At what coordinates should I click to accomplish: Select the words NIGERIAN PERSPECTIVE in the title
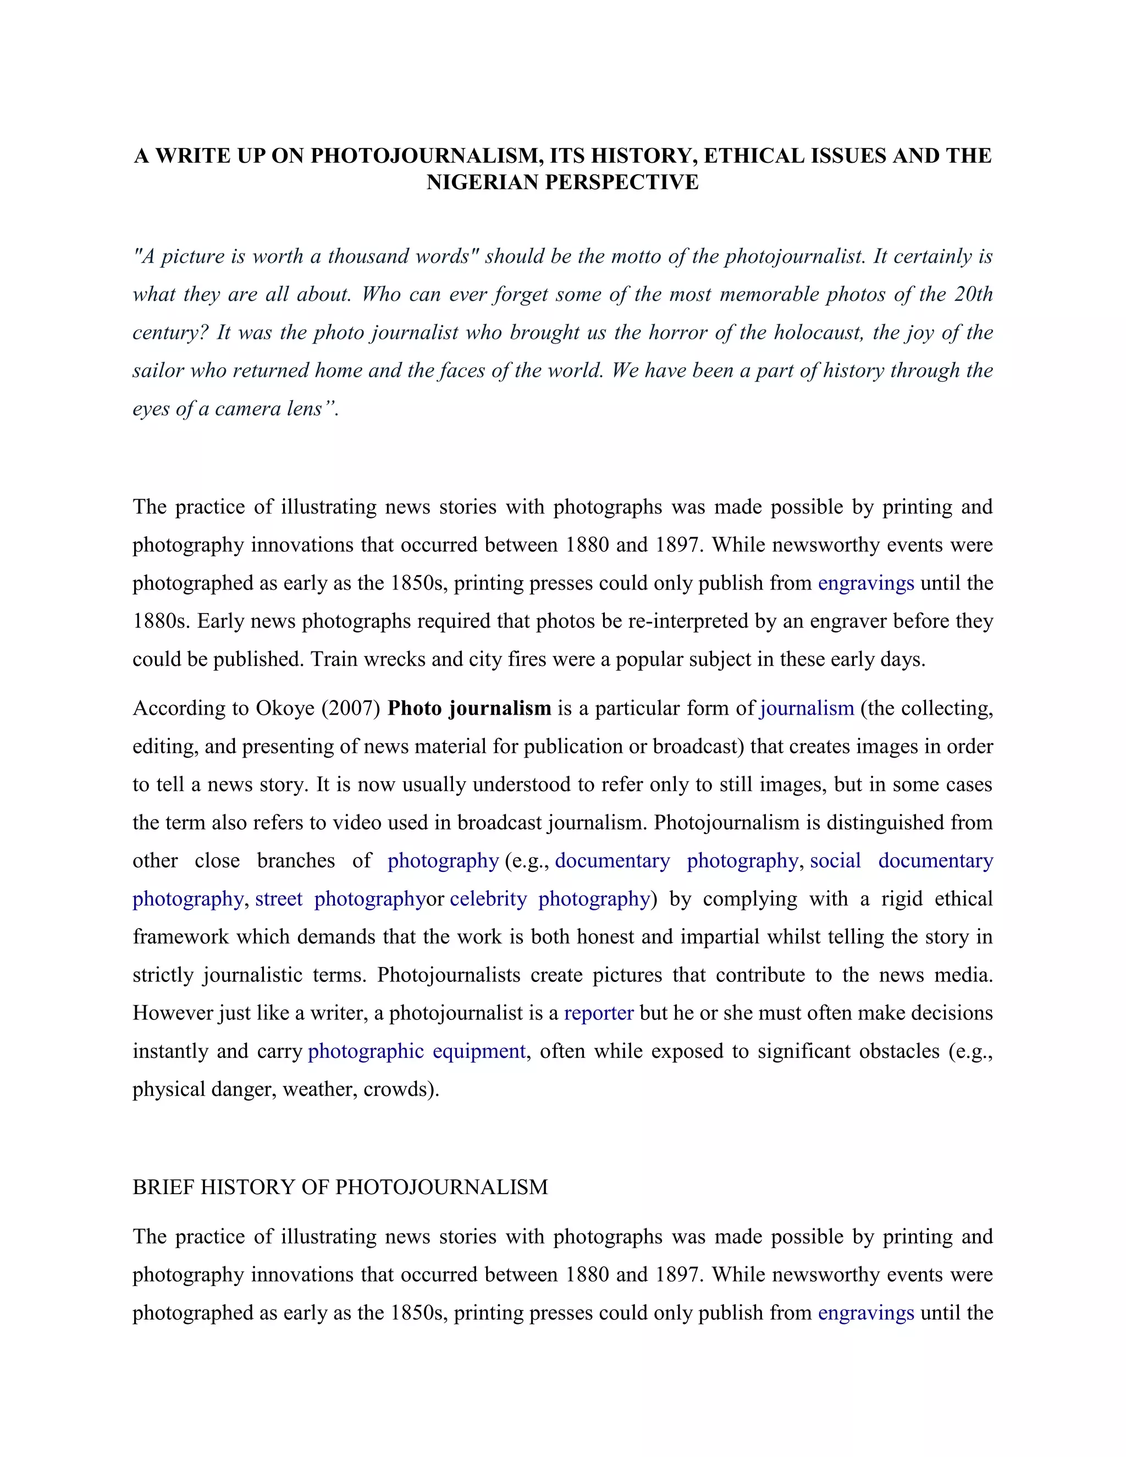[x=562, y=182]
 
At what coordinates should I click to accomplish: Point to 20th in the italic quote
[x=973, y=294]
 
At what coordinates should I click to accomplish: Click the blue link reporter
[x=598, y=1013]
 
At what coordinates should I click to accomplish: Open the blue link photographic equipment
[x=417, y=1051]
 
